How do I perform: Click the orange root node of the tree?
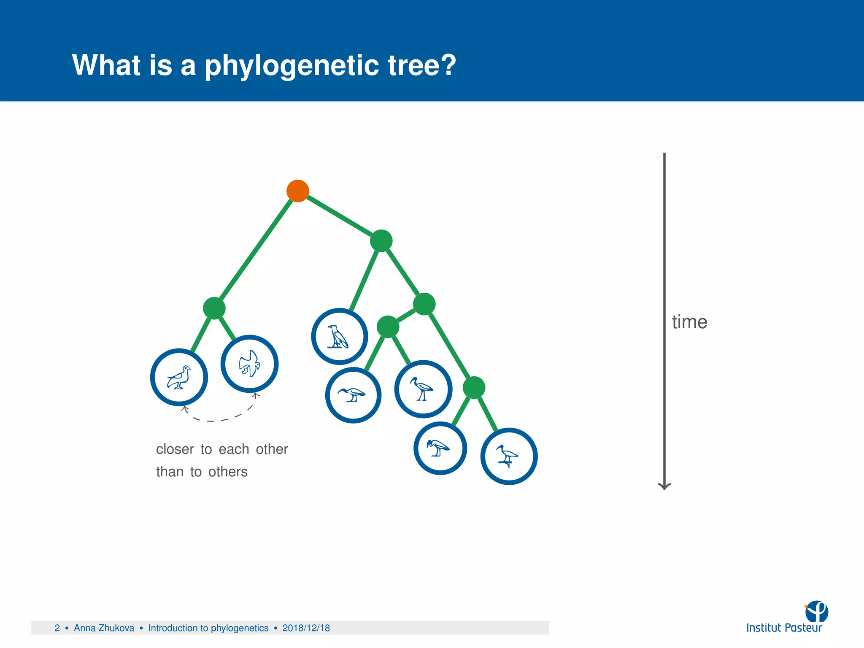[298, 191]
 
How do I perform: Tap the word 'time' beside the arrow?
[689, 322]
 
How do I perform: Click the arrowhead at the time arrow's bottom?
[664, 486]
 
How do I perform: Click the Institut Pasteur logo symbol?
[817, 611]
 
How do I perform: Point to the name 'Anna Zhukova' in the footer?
[104, 628]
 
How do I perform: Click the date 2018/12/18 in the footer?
[306, 628]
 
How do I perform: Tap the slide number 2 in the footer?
[57, 628]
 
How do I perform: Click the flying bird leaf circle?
[249, 364]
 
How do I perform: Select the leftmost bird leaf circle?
[179, 377]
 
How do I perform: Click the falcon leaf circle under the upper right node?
[339, 337]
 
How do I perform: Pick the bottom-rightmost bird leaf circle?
[509, 456]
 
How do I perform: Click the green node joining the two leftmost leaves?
[214, 308]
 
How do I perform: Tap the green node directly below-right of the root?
[381, 241]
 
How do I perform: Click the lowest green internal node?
[474, 387]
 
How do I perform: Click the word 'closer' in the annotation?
[175, 449]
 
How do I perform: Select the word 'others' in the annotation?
[228, 472]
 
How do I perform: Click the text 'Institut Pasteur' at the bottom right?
[784, 628]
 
